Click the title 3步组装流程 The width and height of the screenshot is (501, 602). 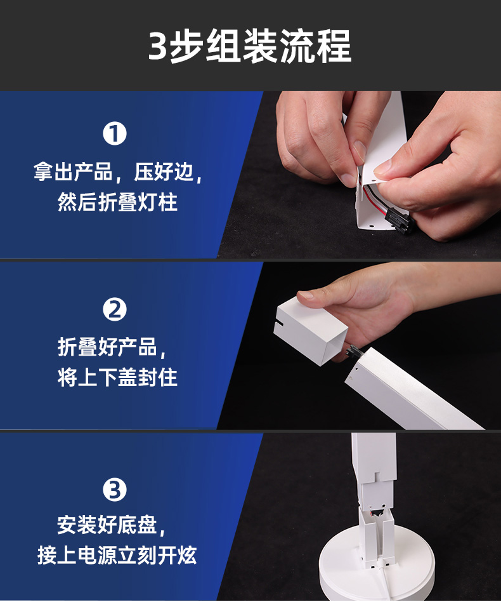pyautogui.click(x=250, y=46)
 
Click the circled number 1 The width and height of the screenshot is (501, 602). pyautogui.click(x=115, y=133)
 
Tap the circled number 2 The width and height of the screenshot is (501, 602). pyautogui.click(x=115, y=310)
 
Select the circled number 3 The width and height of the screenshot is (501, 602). pyautogui.click(x=115, y=490)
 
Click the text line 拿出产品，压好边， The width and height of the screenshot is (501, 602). pyautogui.click(x=117, y=171)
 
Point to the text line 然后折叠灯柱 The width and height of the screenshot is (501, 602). pyautogui.click(x=117, y=202)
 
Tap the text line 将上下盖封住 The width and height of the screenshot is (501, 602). pyautogui.click(x=117, y=377)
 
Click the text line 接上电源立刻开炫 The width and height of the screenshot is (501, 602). pyautogui.click(x=117, y=555)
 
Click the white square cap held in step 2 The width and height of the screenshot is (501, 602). pyautogui.click(x=310, y=331)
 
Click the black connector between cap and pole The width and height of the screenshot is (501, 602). pyautogui.click(x=353, y=351)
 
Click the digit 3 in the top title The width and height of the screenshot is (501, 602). pyautogui.click(x=157, y=47)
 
